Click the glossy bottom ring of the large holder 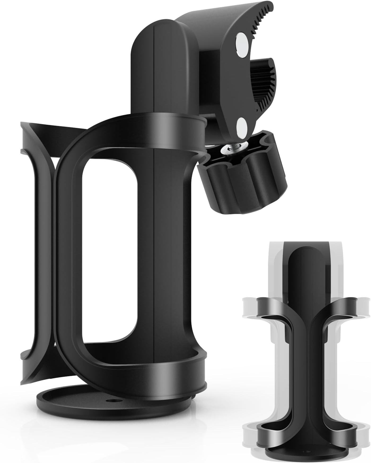pyautogui.click(x=149, y=372)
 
